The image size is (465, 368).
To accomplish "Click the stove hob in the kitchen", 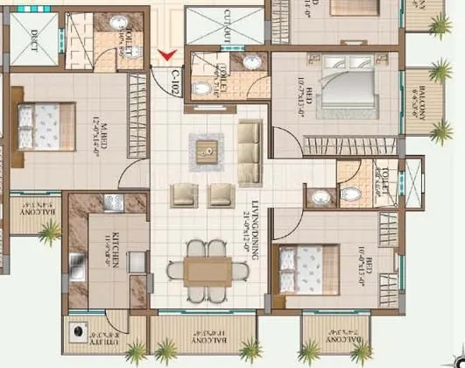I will point(113,202).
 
